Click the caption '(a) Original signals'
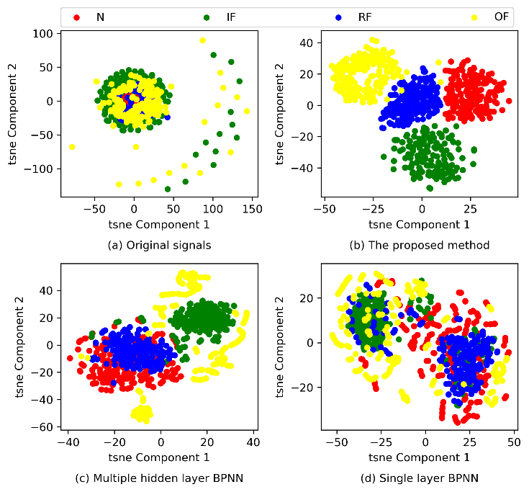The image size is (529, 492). (159, 246)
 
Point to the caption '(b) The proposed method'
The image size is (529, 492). (420, 246)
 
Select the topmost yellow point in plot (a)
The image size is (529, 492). (203, 40)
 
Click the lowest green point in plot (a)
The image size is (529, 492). (168, 189)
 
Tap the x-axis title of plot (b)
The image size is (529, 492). (420, 225)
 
